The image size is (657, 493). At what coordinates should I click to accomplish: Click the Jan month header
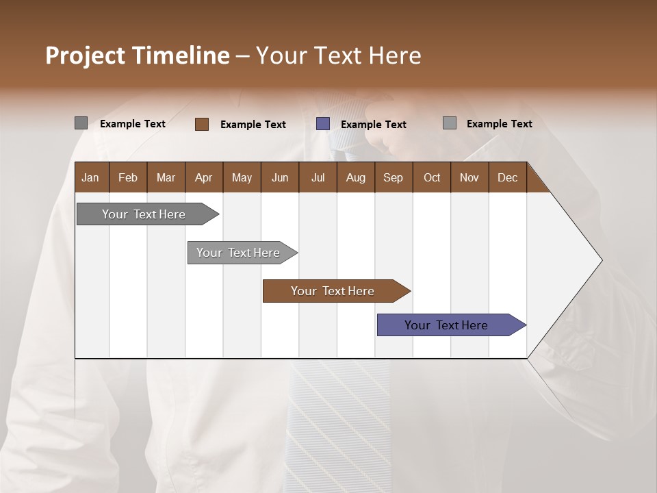tap(90, 177)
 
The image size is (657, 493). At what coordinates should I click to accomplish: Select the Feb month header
tap(128, 177)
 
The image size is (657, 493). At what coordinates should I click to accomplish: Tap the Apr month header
tap(203, 177)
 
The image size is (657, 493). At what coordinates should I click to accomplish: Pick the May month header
tap(242, 177)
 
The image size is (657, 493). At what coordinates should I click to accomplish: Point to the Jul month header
tap(318, 177)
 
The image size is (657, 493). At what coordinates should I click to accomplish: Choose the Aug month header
tap(355, 177)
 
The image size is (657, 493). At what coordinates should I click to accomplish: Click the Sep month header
tap(393, 177)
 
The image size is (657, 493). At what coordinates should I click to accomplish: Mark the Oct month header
tap(431, 177)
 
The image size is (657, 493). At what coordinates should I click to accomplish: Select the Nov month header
tap(469, 177)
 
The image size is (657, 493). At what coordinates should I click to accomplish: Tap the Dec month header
tap(507, 177)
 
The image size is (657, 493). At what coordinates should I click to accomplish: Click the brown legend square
tap(202, 124)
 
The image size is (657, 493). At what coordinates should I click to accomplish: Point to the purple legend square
tap(323, 124)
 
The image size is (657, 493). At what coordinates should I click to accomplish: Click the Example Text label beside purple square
tap(373, 125)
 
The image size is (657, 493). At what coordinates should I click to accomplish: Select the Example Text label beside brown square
tap(253, 125)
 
